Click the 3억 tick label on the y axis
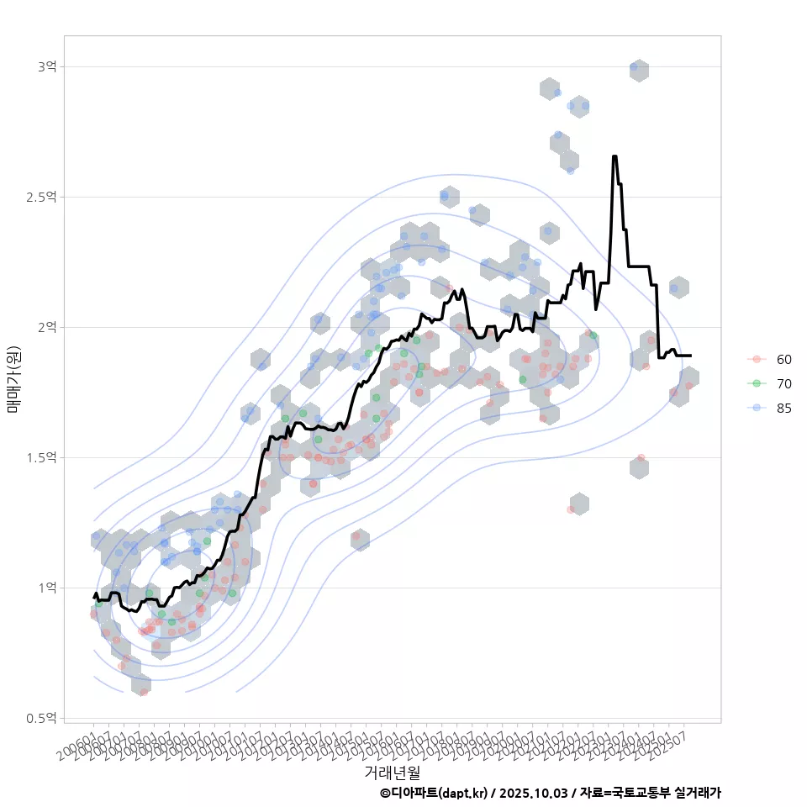(46, 66)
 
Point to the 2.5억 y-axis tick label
(42, 197)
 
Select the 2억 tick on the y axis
(46, 327)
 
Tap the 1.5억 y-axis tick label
(42, 457)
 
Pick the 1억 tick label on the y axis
(46, 588)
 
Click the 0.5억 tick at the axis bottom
(42, 718)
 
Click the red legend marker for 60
(757, 359)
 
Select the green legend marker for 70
(757, 383)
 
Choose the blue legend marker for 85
(757, 408)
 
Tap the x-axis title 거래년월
(392, 771)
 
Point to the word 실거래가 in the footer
(697, 793)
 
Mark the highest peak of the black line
(615, 156)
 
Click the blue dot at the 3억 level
(634, 66)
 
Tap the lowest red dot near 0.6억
(144, 692)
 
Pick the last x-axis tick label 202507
(671, 737)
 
